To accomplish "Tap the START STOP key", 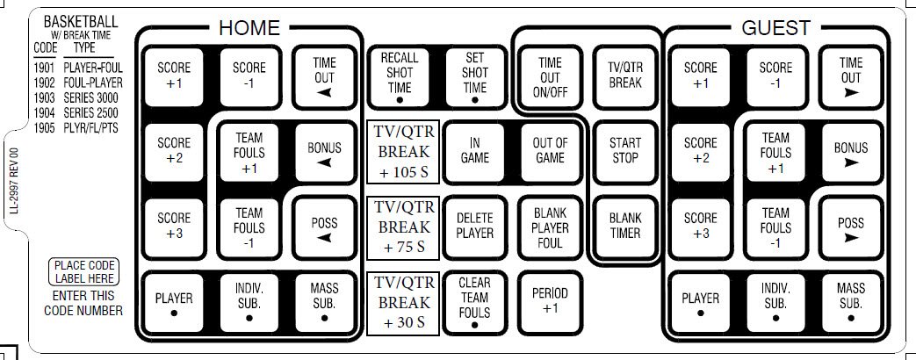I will [x=624, y=150].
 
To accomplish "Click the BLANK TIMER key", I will [x=624, y=226].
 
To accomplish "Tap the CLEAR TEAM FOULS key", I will [x=474, y=301].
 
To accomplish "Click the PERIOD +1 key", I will [x=550, y=300].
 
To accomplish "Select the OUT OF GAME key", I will [x=550, y=150].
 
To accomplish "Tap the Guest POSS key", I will [x=850, y=226].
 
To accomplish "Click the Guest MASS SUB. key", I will [x=850, y=300].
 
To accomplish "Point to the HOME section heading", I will [x=249, y=28].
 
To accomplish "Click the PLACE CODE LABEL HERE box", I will [x=84, y=271].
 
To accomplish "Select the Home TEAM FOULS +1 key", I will [x=249, y=150].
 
